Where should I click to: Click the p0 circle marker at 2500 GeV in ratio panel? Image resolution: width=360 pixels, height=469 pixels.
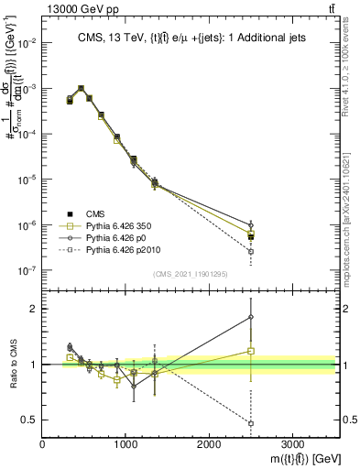pyautogui.click(x=251, y=317)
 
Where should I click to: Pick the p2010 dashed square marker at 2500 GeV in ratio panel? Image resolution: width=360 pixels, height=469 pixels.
pyautogui.click(x=251, y=423)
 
